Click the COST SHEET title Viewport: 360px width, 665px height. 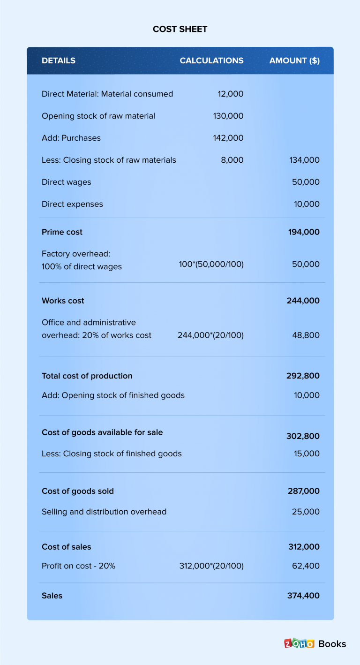[x=180, y=29]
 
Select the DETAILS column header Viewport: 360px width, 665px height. [x=59, y=60]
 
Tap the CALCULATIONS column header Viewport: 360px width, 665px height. [x=211, y=60]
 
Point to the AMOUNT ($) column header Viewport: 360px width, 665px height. [x=294, y=60]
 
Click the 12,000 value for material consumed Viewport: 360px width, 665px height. [x=231, y=94]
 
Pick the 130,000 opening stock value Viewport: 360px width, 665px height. [x=228, y=116]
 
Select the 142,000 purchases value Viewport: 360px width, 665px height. [x=228, y=138]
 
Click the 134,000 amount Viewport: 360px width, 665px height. [x=305, y=160]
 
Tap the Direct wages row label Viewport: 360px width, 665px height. [x=67, y=182]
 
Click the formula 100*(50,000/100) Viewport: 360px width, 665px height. [x=211, y=264]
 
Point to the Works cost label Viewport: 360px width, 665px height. [x=63, y=301]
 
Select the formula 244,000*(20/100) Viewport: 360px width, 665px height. [x=210, y=335]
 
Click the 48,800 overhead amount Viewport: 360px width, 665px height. [x=306, y=335]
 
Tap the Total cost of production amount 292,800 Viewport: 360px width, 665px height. [x=303, y=376]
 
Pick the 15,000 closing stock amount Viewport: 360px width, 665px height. [x=307, y=453]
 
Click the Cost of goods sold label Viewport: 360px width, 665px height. [x=78, y=491]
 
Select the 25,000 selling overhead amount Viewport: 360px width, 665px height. [x=306, y=512]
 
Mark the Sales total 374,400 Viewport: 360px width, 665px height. [x=303, y=596]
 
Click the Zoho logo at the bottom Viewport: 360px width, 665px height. [x=299, y=643]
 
